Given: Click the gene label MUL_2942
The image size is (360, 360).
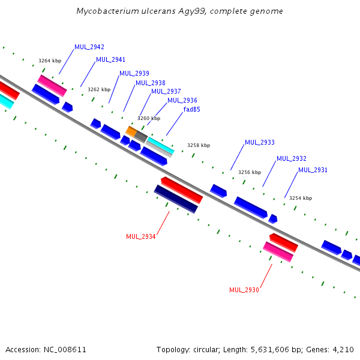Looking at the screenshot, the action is [x=89, y=47].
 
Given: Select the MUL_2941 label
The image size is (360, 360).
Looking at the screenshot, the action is [x=110, y=59].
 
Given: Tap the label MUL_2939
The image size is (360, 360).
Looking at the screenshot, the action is [x=134, y=73].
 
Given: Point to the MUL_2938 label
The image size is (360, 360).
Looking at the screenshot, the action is [x=151, y=83].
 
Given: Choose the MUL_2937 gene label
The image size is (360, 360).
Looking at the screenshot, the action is [x=166, y=91].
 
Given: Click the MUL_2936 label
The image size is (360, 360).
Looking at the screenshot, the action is [x=182, y=100].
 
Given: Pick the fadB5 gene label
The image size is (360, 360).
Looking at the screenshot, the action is [x=192, y=109].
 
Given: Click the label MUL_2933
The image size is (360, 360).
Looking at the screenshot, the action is [x=260, y=142].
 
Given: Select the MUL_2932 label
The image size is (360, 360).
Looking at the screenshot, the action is [x=292, y=158].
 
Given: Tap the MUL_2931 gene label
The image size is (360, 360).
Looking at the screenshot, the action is [x=313, y=170].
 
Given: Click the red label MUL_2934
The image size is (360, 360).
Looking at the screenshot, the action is [x=141, y=236].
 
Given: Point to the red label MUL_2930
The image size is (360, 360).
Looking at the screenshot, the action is [x=244, y=290].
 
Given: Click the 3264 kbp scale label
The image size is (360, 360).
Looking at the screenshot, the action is [x=50, y=61].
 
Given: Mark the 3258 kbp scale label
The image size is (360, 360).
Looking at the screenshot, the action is [x=199, y=145].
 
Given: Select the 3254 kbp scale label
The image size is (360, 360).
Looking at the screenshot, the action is [x=301, y=198].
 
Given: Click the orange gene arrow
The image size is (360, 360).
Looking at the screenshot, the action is [x=131, y=131].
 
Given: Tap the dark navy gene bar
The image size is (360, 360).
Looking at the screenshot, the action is [x=176, y=199].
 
